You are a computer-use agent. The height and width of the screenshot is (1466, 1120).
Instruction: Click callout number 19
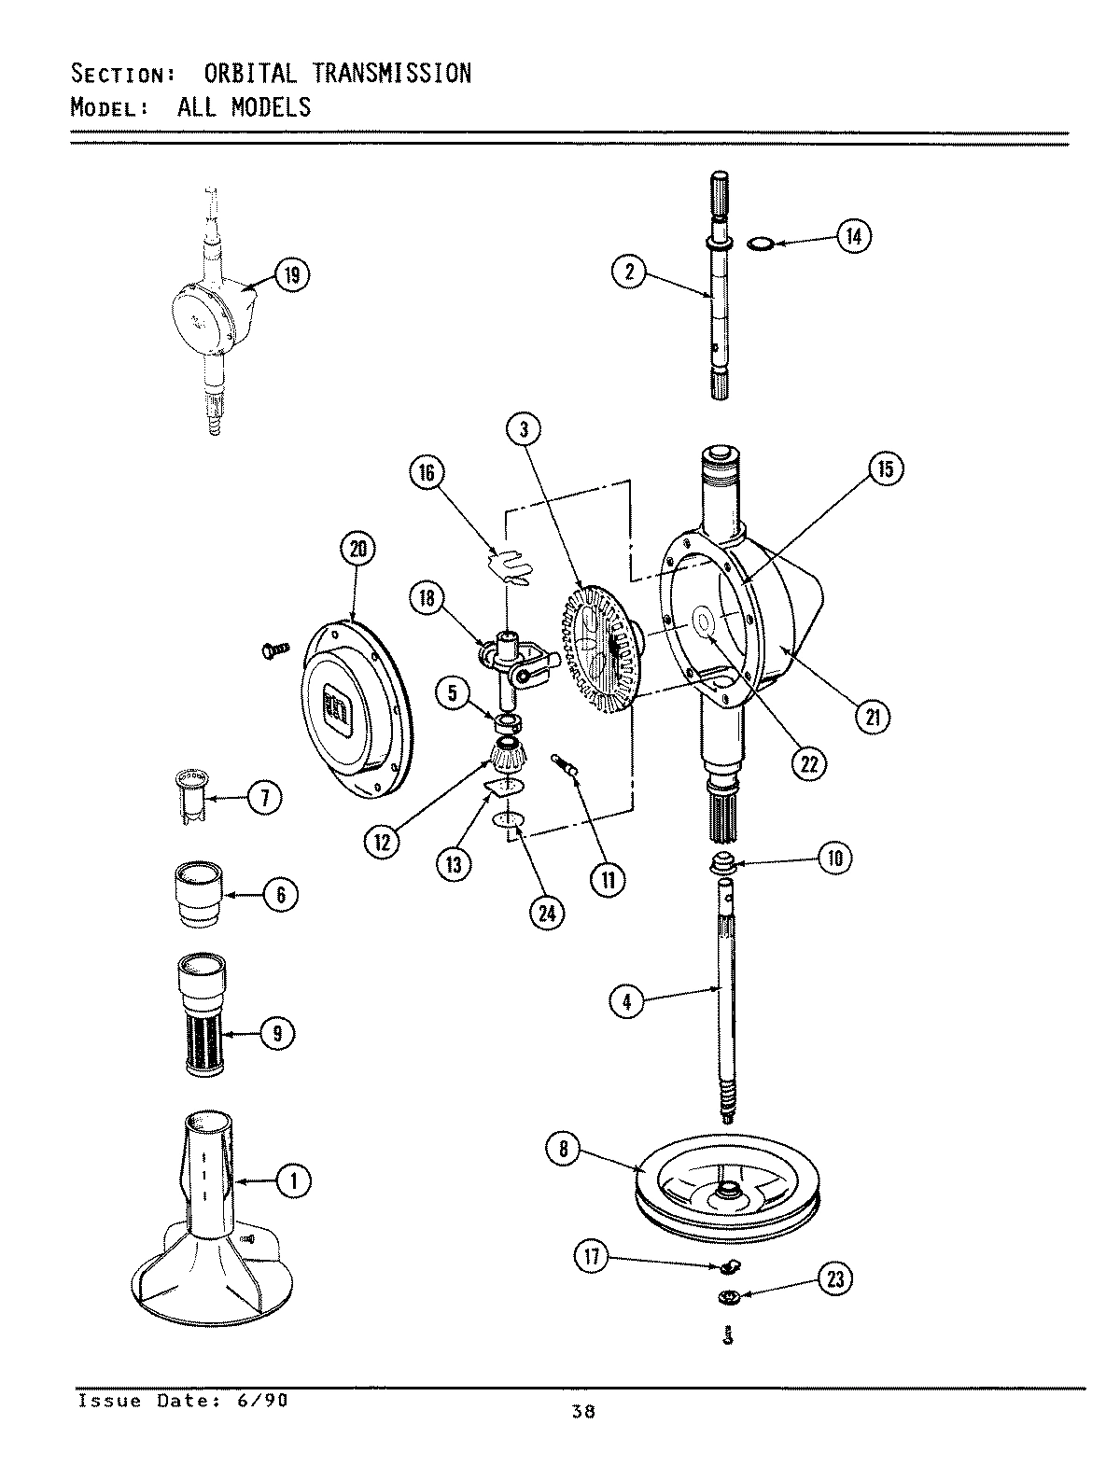tap(291, 274)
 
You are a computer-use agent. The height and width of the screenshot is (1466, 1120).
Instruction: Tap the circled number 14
tap(852, 237)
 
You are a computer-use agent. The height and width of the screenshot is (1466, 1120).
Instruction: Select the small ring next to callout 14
tap(760, 244)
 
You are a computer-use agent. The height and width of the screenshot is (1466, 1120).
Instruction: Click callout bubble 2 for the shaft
tap(629, 272)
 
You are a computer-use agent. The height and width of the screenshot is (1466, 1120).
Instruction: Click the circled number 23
tap(834, 1278)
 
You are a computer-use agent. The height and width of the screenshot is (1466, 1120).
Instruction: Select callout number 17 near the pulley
tap(591, 1258)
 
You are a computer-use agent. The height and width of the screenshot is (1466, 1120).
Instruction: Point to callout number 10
tap(833, 858)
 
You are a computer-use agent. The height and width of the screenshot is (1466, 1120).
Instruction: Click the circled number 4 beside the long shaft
tap(627, 1002)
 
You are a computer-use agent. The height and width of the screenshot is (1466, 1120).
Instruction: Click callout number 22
tap(808, 761)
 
